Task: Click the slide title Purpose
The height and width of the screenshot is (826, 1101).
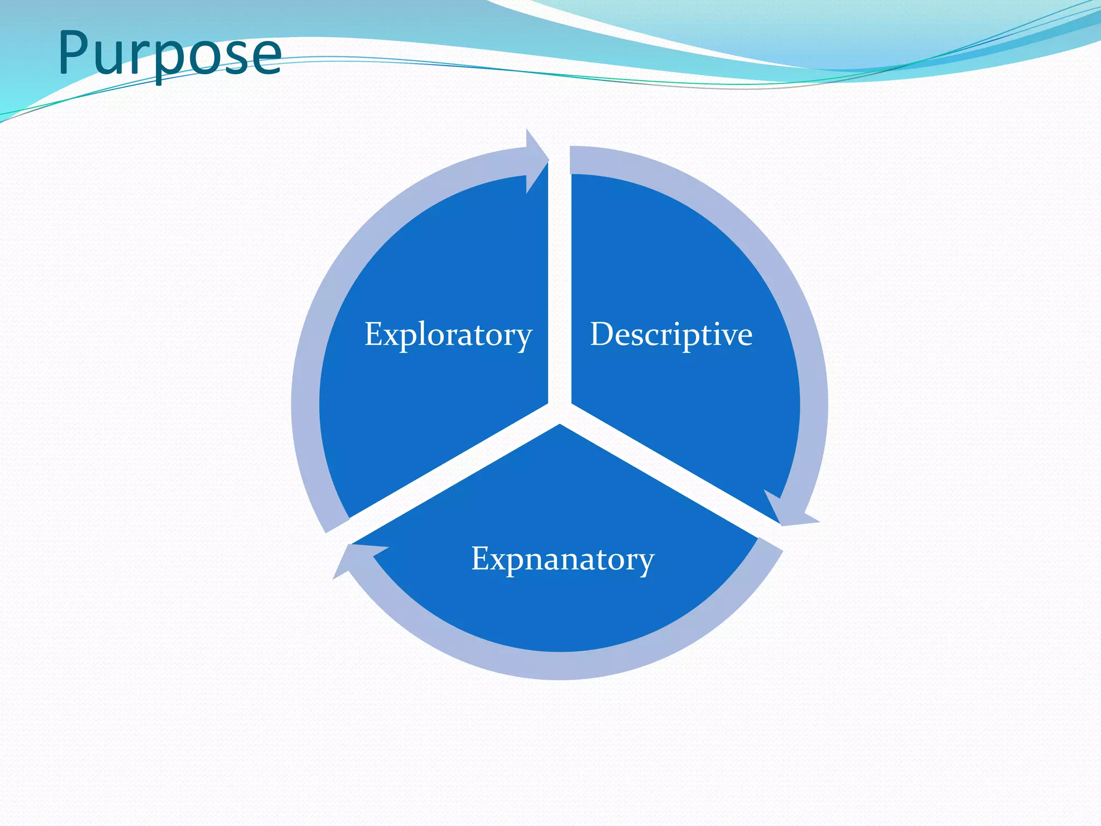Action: click(169, 53)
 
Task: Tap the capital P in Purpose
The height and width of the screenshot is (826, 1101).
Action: click(74, 52)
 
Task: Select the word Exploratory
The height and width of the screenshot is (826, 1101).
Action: click(448, 334)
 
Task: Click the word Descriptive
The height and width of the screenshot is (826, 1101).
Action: click(671, 334)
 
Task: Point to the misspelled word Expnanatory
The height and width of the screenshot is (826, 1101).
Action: click(562, 559)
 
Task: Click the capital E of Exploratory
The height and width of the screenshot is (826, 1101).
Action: click(374, 333)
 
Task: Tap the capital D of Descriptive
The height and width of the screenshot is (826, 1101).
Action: click(602, 333)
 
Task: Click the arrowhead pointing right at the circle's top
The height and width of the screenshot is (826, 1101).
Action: click(537, 160)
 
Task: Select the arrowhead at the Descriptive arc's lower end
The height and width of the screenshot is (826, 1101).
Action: click(788, 511)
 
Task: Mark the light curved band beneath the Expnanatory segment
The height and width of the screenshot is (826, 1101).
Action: click(559, 665)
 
